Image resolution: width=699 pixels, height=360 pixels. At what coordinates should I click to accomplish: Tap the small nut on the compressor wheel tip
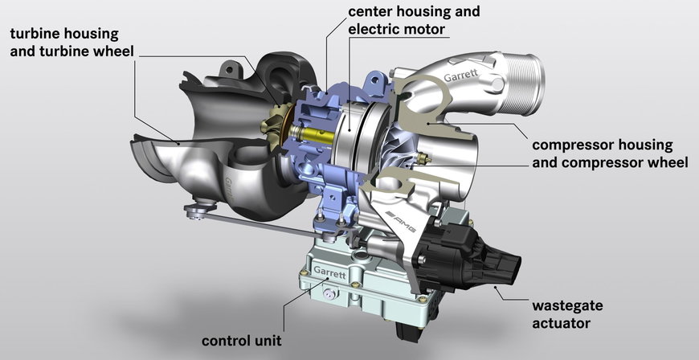(x=425, y=158)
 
